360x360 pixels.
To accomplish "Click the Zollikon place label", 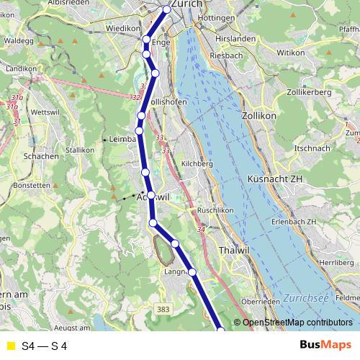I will pos(259,114).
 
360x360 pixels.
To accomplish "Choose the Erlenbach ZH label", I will pos(291,221).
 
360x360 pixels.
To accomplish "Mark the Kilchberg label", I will pos(198,164).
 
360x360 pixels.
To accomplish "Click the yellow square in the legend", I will pos(10,346).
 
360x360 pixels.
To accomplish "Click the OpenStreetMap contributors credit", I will pos(297,322).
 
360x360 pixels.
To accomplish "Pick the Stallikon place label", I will pos(81,150).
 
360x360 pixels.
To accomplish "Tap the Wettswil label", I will pos(45,112).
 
